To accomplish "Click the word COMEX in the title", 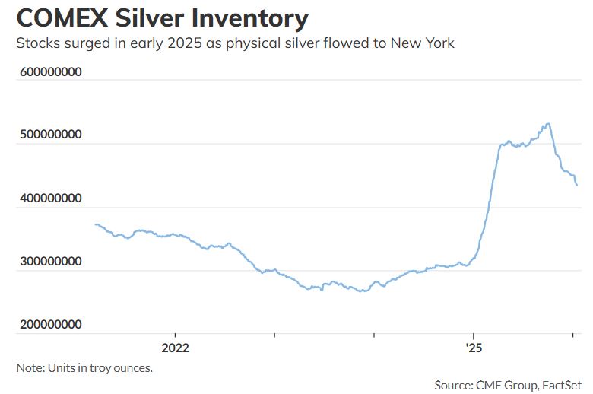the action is (x=63, y=17).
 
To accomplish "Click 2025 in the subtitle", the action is (x=185, y=43).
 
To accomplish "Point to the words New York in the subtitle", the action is (x=422, y=43).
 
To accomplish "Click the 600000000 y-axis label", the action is (x=51, y=71).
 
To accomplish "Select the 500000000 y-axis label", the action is (x=51, y=135).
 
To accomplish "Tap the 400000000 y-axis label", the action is (x=51, y=198).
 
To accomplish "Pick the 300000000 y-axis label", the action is (x=51, y=261).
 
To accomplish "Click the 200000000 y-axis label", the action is (x=51, y=324).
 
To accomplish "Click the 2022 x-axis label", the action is (x=175, y=348).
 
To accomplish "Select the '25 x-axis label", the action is (x=474, y=348).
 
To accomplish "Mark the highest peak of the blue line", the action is (x=548, y=124).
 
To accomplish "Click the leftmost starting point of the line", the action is (x=95, y=224).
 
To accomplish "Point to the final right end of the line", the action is (x=577, y=185).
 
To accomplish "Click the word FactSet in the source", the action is (x=562, y=386).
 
